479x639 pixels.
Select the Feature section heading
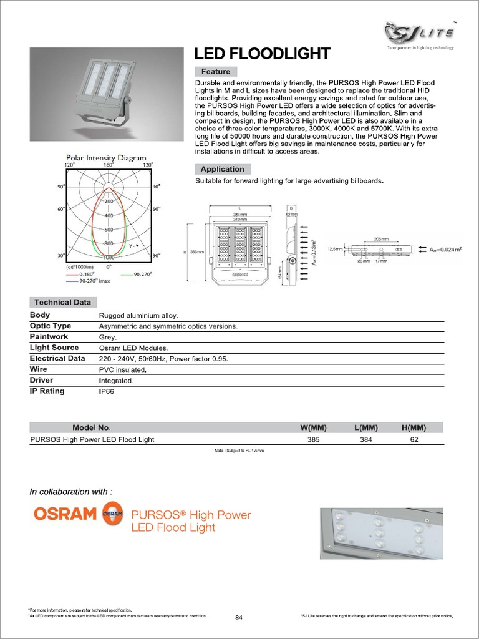(x=216, y=71)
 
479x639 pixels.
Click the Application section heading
(x=223, y=169)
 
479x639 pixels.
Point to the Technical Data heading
(x=62, y=302)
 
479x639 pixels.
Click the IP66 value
(x=107, y=392)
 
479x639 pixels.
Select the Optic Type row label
(x=51, y=326)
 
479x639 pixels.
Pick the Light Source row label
(x=54, y=348)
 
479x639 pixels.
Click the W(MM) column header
(x=314, y=427)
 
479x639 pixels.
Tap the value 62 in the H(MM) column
(x=414, y=439)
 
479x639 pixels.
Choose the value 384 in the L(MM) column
(x=366, y=439)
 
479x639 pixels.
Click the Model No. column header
(x=91, y=427)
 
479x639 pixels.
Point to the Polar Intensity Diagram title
(x=107, y=158)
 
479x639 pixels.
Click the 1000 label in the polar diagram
(x=109, y=257)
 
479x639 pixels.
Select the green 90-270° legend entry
(x=138, y=274)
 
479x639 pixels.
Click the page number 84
(x=239, y=618)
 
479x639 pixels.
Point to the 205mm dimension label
(x=381, y=239)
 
